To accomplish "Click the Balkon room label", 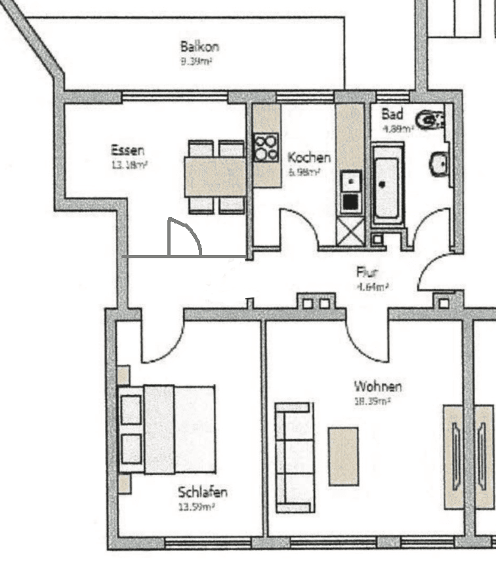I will [199, 47].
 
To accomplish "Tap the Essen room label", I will [128, 150].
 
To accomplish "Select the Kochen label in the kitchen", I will [309, 158].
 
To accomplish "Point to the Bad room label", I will [392, 114].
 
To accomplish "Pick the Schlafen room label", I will [203, 492].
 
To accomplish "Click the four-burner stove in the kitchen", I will [266, 147].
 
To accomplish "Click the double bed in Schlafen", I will [168, 429].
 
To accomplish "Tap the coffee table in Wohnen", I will [343, 456].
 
